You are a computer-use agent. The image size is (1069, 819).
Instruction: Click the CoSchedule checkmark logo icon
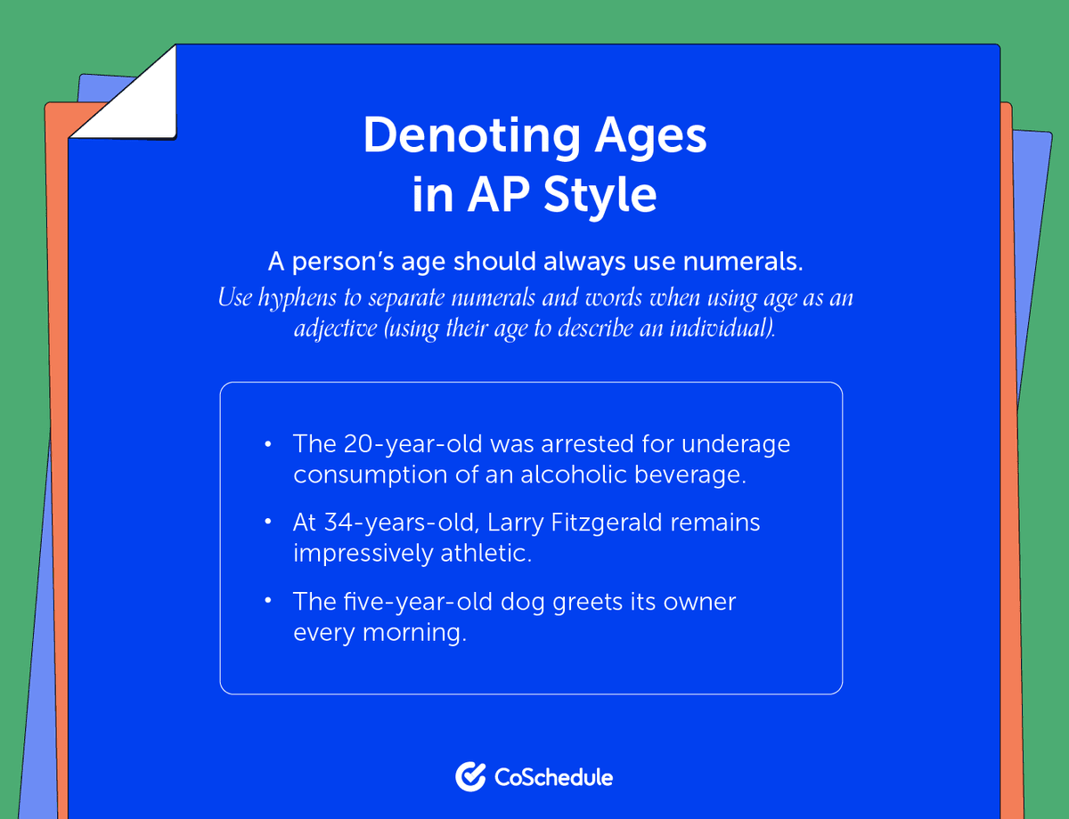pos(469,776)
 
